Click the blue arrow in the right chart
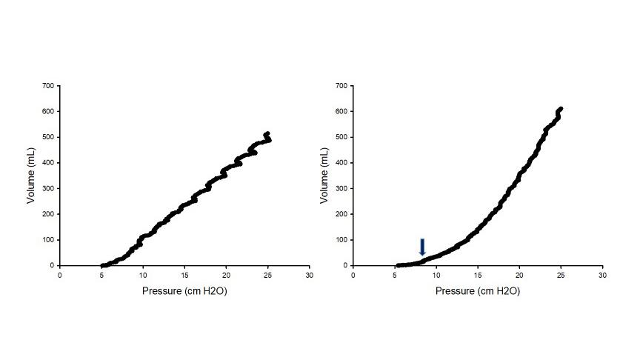tap(422, 247)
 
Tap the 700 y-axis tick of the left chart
tap(49, 86)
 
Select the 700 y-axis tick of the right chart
tap(342, 86)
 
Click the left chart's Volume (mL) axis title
tap(32, 176)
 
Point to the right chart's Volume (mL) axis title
tap(325, 176)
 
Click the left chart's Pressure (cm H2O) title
tap(184, 291)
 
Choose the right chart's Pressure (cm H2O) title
tap(478, 291)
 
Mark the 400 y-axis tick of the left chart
tap(49, 163)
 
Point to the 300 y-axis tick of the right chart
tap(342, 188)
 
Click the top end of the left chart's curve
tap(267, 134)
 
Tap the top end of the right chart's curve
tap(561, 109)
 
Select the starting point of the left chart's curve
tap(102, 265)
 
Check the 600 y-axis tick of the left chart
tap(49, 111)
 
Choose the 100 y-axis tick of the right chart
tap(342, 240)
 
